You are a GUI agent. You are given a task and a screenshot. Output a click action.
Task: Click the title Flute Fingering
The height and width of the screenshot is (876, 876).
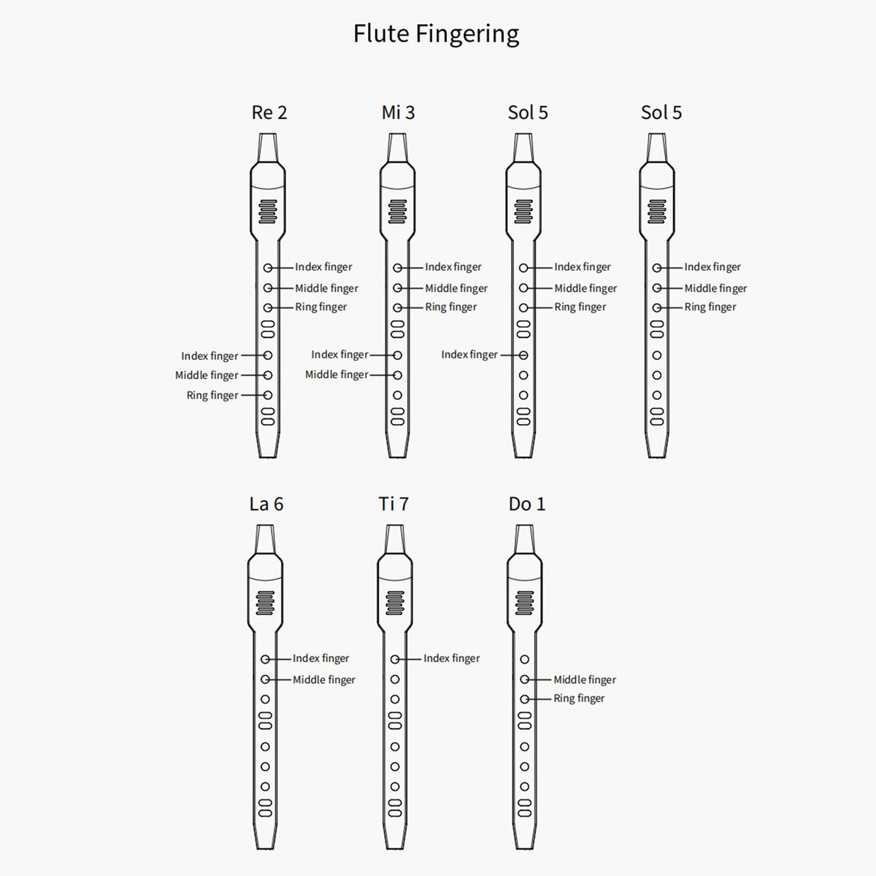(x=436, y=34)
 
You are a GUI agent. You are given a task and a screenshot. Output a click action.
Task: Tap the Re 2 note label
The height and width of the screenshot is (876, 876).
(x=269, y=112)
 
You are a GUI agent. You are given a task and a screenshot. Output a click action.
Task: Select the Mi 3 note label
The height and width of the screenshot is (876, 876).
(x=398, y=112)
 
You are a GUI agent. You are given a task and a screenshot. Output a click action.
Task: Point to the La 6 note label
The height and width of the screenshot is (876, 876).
(x=266, y=504)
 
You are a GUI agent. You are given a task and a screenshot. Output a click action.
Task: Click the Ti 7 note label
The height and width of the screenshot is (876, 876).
(x=393, y=504)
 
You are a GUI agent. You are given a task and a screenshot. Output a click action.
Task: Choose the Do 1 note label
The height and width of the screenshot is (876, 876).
(x=526, y=504)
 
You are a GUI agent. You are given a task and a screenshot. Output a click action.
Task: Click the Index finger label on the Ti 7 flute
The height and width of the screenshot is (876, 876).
(x=451, y=658)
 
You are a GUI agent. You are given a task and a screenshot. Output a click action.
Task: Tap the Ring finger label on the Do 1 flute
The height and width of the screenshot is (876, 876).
(x=579, y=699)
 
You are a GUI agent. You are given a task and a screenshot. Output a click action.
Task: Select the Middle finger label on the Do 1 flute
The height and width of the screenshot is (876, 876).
(x=584, y=680)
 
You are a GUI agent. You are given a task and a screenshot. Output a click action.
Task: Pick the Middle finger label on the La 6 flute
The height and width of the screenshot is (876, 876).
(x=323, y=680)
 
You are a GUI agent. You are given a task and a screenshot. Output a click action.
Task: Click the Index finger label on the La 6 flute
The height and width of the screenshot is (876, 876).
(x=320, y=658)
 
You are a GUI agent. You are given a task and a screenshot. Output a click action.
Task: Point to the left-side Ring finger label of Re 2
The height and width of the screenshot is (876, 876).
(x=212, y=396)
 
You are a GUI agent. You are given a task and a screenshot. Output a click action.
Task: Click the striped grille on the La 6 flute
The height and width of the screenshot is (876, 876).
(x=265, y=603)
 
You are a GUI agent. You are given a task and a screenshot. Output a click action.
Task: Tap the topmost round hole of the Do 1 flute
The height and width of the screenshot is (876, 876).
(x=524, y=659)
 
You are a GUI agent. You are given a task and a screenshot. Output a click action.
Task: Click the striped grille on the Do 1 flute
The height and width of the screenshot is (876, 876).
(x=524, y=603)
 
